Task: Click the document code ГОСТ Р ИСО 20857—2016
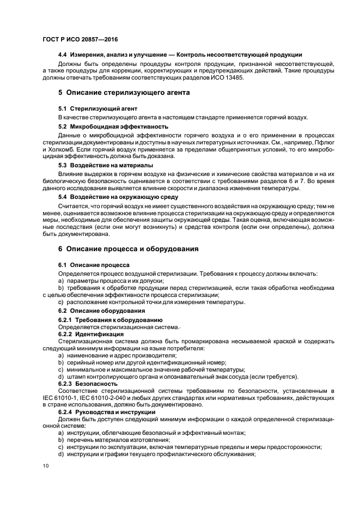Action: click(80, 39)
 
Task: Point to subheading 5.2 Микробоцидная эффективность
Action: click(106, 125)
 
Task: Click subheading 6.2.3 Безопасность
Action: click(87, 384)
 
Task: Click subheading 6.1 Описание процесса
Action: click(90, 264)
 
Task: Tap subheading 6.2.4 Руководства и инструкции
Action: click(107, 412)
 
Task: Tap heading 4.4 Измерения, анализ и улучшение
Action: click(180, 54)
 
